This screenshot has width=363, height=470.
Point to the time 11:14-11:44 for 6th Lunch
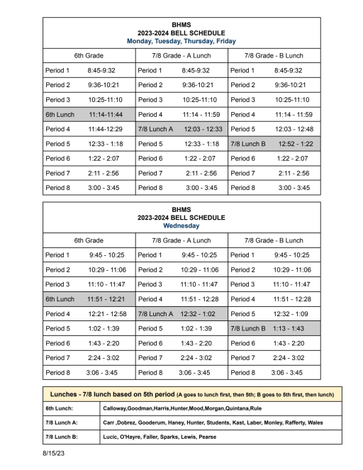(105, 114)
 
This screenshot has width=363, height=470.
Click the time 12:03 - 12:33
(199, 129)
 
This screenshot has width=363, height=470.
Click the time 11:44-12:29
(105, 129)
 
